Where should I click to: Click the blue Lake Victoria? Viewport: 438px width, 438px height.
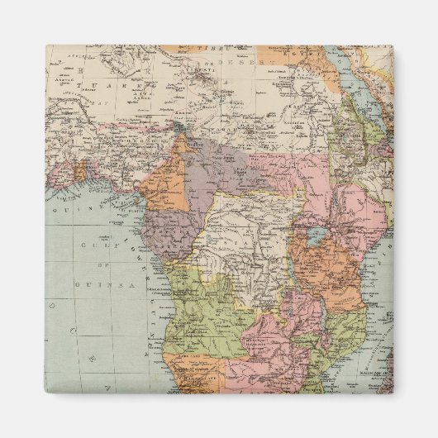click(316, 238)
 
